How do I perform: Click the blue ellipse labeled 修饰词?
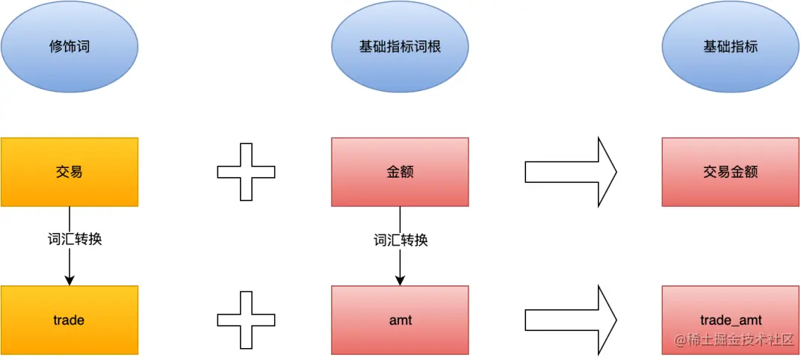coord(69,46)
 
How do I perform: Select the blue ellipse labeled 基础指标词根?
coord(400,46)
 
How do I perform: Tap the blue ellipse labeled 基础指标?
coord(730,46)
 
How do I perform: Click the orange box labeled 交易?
coord(69,172)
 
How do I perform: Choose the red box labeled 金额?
coord(400,172)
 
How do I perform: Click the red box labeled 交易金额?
coord(730,172)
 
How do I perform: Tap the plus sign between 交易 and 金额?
coord(246,172)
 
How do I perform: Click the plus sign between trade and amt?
coord(246,320)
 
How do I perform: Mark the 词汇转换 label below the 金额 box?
coord(401,240)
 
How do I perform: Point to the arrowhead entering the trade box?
coord(69,279)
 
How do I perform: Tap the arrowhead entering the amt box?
coord(400,279)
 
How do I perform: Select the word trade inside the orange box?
coord(69,320)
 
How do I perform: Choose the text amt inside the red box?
coord(400,320)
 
